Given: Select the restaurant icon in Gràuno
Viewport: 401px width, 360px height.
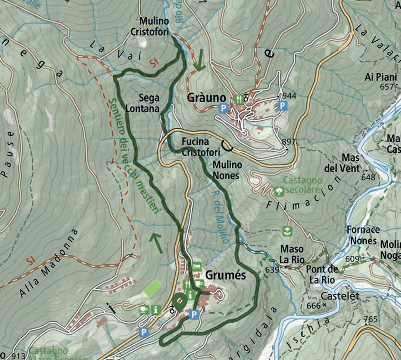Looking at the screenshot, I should [x=239, y=99].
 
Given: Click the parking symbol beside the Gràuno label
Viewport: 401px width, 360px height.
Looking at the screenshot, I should [x=223, y=108].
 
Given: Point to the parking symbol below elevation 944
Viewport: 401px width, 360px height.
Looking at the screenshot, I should [x=283, y=106].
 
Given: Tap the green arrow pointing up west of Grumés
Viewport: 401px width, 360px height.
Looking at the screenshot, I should [x=157, y=243].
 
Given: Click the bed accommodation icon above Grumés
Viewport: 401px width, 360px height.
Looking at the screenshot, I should [x=197, y=266].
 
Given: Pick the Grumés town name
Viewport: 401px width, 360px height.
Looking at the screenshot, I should [x=225, y=276].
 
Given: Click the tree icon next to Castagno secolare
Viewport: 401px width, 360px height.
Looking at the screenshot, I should [x=278, y=192].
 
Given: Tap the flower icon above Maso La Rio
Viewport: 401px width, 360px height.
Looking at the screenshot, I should [x=287, y=232].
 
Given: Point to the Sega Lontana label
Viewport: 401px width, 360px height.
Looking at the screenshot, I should [x=144, y=103].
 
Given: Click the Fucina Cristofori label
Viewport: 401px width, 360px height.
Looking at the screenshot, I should [x=201, y=147].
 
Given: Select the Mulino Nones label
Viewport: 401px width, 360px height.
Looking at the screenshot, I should [x=227, y=170].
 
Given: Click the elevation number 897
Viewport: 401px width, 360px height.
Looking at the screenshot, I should [x=289, y=142].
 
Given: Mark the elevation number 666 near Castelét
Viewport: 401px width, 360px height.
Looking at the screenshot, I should [x=313, y=306].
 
